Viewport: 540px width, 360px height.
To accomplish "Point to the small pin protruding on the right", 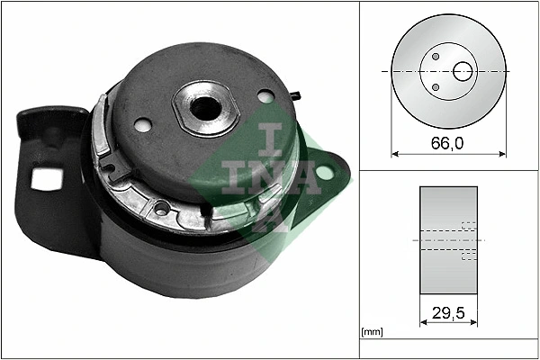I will [x=295, y=93].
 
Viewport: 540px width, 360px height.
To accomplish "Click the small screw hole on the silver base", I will [x=162, y=210].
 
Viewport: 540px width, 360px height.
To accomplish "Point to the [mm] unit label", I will [x=372, y=332].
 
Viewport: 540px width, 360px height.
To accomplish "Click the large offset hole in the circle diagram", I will [x=464, y=70].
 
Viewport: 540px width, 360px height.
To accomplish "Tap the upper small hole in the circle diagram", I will [x=436, y=56].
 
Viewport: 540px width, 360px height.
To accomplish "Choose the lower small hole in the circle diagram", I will [x=436, y=87].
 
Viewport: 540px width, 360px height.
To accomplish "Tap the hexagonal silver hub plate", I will [x=206, y=107].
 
